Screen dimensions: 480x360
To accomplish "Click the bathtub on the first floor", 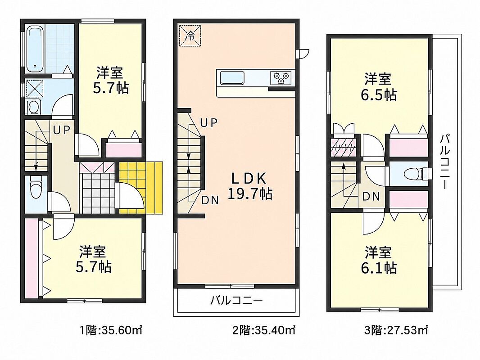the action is click(36, 49).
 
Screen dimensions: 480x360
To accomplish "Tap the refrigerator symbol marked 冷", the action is click(190, 36).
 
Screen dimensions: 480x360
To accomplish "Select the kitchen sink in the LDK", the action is click(232, 78).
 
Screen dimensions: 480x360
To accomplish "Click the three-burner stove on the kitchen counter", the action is click(281, 77).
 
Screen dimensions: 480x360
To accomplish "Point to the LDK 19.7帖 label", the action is click(249, 186).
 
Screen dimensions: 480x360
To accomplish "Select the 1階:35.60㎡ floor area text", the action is click(111, 330).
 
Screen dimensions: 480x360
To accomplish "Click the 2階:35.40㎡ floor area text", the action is click(264, 330).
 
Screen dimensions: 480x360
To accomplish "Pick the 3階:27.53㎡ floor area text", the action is click(396, 330).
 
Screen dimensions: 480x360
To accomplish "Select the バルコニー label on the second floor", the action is click(236, 300).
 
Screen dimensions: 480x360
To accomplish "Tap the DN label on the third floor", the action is click(371, 196).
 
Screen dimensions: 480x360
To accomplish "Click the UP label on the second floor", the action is click(209, 123).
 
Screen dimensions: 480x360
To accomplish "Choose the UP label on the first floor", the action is click(62, 130).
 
